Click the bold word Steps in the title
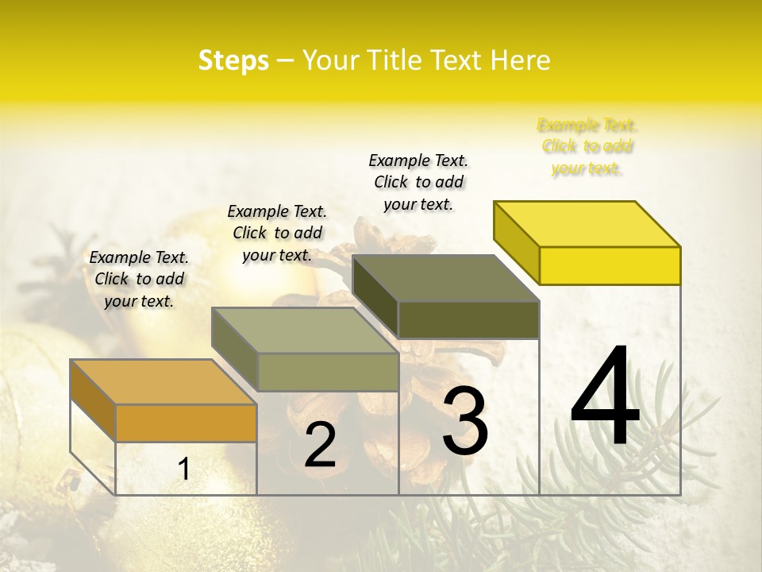[233, 60]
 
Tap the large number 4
[605, 397]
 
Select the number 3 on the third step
[464, 421]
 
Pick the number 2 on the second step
[320, 446]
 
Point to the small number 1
[183, 470]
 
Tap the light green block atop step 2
[305, 330]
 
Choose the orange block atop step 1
[164, 382]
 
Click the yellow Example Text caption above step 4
[587, 146]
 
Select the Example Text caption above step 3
[418, 182]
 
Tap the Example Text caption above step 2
[277, 233]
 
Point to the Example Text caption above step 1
[139, 279]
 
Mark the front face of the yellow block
[610, 265]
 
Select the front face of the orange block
[186, 423]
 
